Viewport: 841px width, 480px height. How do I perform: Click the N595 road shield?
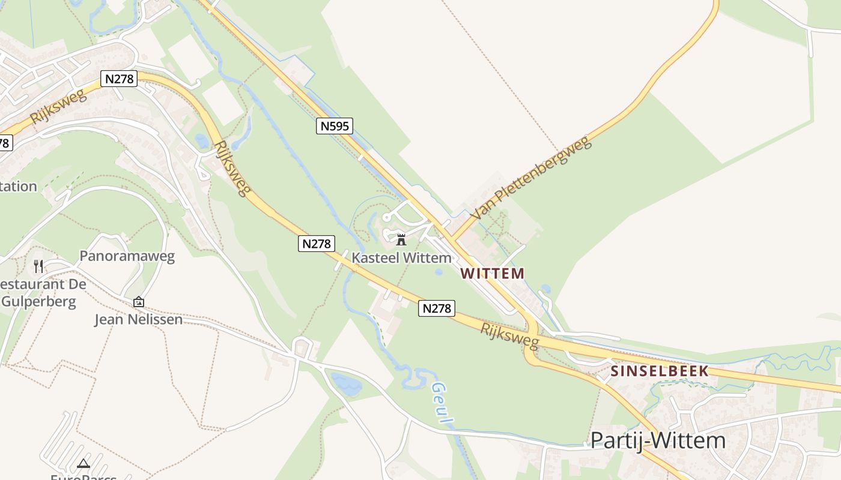(334, 126)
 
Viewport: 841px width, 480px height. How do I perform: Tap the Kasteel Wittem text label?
(401, 258)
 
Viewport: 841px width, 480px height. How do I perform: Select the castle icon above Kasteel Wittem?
(401, 240)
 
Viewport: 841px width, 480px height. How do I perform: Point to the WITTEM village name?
(492, 274)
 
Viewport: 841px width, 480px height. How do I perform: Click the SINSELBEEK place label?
(660, 371)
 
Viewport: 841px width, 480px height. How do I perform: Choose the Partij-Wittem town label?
(658, 441)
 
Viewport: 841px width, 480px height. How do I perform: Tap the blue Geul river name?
(442, 404)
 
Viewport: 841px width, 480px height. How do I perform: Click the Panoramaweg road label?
(127, 256)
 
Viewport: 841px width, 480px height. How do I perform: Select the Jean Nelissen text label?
(138, 319)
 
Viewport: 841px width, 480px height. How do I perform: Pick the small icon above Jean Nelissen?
(139, 302)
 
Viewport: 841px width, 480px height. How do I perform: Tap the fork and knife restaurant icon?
(38, 266)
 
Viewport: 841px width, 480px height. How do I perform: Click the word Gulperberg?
(38, 301)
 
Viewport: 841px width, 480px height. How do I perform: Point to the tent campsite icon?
(83, 463)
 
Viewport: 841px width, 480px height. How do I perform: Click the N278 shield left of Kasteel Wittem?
(316, 244)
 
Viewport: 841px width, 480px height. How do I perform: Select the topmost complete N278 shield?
(119, 79)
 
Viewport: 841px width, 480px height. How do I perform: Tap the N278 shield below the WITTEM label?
(437, 308)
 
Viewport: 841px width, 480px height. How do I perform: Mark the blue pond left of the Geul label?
(346, 383)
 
